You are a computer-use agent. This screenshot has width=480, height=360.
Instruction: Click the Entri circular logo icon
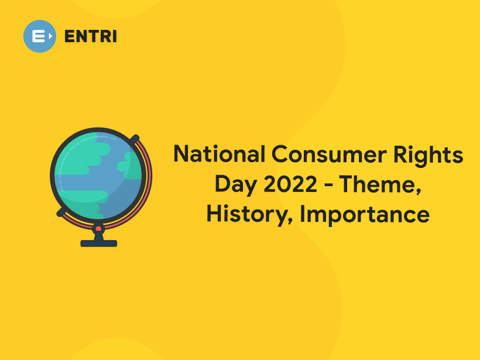tap(40, 36)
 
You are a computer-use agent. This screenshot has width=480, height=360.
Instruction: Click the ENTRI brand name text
tap(90, 36)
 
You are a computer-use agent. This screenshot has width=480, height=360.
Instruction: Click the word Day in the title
tap(235, 184)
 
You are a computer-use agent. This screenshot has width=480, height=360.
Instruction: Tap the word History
tap(248, 215)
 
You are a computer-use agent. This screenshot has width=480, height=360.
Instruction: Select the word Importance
tap(365, 215)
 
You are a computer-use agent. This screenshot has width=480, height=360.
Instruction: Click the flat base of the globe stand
tap(98, 243)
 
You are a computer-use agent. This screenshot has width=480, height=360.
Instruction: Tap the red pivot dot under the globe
tap(98, 228)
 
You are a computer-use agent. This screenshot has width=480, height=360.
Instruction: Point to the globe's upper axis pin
tap(136, 139)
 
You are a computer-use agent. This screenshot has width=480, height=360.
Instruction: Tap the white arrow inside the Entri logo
tap(50, 36)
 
